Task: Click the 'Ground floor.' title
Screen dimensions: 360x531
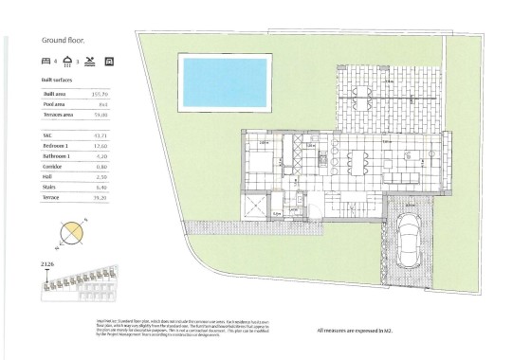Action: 64,41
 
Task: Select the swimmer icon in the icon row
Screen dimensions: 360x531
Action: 88,62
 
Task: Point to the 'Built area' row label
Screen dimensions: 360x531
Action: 55,95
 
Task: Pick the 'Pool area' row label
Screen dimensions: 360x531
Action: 55,104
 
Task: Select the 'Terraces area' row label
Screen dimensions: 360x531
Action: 59,115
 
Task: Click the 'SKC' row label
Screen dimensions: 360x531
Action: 48,136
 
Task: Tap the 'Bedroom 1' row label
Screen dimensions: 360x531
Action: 56,146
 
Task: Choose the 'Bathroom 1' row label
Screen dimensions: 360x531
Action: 57,156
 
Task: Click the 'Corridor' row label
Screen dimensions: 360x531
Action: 53,167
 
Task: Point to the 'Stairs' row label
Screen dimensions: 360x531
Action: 50,188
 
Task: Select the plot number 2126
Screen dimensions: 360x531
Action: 50,266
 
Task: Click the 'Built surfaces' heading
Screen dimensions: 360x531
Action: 60,82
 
